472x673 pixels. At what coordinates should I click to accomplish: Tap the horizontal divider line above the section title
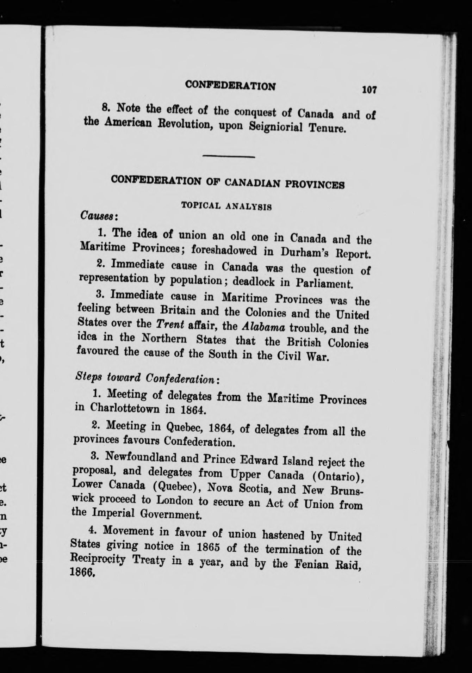[x=229, y=156]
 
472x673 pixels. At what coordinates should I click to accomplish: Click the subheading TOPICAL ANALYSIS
[x=226, y=206]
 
